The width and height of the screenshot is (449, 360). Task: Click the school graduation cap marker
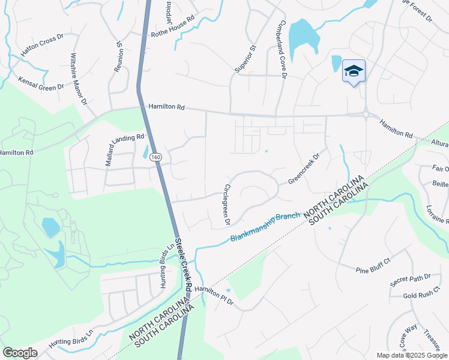[354, 72]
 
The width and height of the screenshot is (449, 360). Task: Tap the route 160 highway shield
[156, 157]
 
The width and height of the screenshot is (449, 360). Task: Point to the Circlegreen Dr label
[227, 205]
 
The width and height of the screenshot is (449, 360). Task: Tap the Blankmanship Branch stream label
[266, 229]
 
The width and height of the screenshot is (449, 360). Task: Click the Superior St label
[245, 59]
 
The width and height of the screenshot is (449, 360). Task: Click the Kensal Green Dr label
[41, 83]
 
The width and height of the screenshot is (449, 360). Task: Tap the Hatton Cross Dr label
[42, 46]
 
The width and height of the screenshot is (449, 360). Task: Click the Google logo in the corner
[20, 353]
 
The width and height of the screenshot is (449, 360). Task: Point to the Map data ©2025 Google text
[412, 355]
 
